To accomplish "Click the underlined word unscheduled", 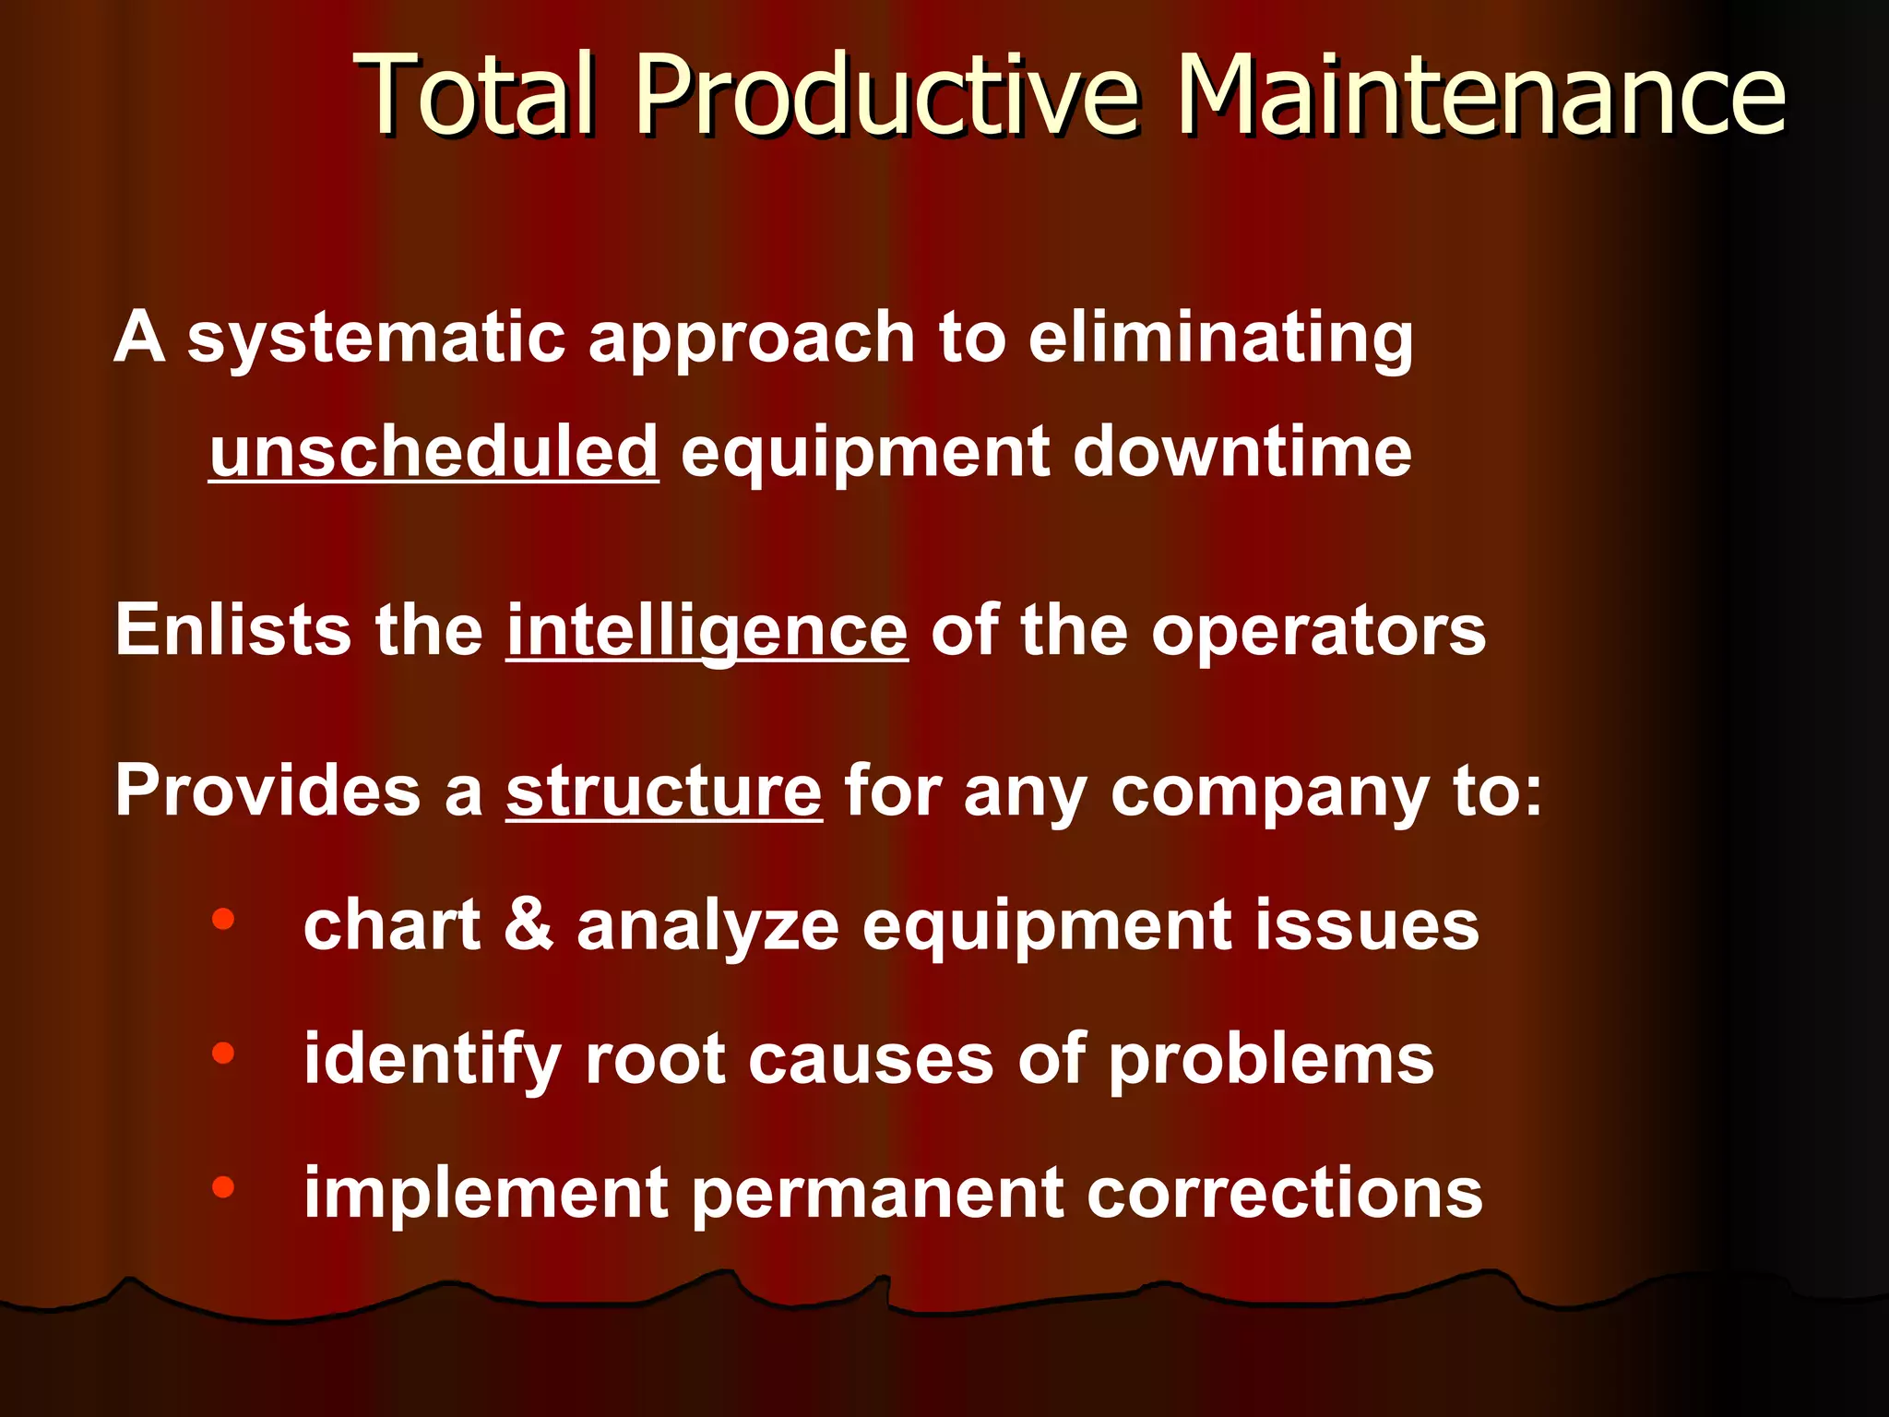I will [434, 452].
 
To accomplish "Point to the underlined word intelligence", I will [707, 632].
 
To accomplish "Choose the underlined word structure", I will [663, 792].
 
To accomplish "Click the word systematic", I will [375, 338].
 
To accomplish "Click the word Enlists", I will [233, 630].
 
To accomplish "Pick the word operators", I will [1318, 632].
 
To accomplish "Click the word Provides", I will [267, 791].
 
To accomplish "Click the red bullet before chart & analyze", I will [223, 919].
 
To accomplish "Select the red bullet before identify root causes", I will [223, 1053].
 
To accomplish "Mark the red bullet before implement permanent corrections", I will [223, 1187].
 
